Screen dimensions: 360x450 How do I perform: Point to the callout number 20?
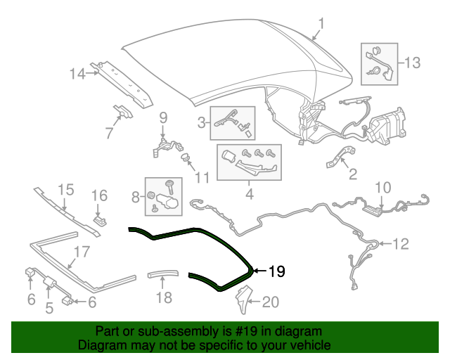tap(271, 302)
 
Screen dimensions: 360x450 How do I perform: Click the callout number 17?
tap(82, 251)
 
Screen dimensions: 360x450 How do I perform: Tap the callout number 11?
tap(202, 176)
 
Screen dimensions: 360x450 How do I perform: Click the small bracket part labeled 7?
tap(123, 112)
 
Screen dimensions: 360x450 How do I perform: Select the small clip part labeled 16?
tap(99, 217)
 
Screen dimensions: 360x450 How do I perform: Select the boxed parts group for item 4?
tap(248, 162)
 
